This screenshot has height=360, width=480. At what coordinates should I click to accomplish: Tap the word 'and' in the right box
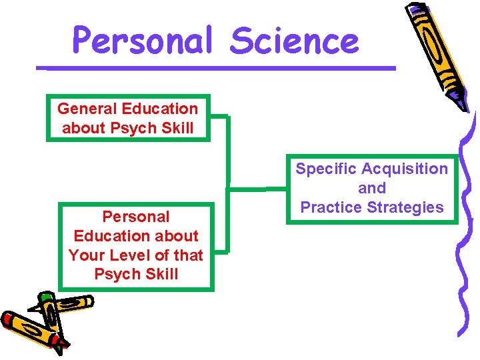click(x=372, y=188)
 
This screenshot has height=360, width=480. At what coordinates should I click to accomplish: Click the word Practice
click(x=329, y=207)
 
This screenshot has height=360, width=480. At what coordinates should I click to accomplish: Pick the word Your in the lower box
click(x=86, y=255)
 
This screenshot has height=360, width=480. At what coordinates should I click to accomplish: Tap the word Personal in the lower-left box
click(x=136, y=217)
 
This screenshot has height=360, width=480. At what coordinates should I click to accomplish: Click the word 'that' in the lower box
click(x=189, y=255)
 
